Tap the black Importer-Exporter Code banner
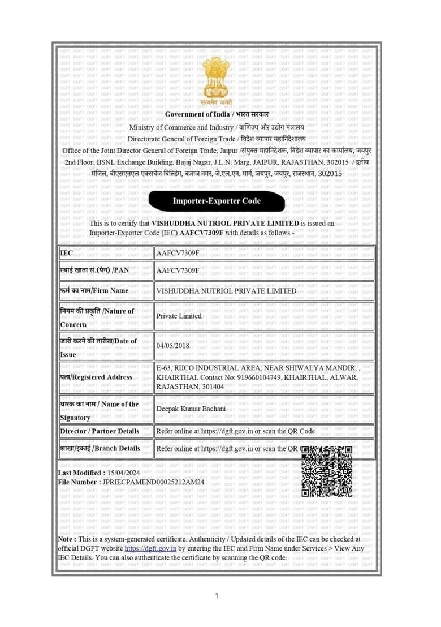point(217,201)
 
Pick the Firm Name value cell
point(226,290)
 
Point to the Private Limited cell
point(179,316)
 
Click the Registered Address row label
point(96,377)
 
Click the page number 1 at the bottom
point(217,595)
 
